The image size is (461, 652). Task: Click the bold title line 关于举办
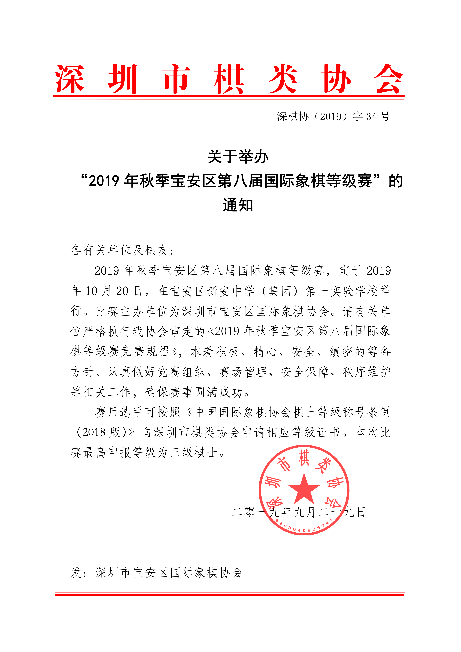(x=238, y=157)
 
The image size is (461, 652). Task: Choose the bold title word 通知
(x=238, y=205)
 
